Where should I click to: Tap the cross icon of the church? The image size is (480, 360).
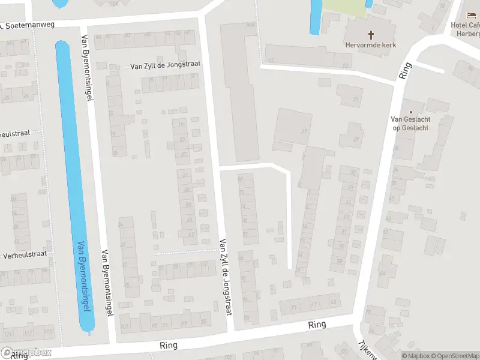pos(371,35)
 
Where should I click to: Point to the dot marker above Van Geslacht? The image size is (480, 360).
pos(411,112)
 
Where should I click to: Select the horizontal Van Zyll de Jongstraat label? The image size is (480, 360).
pos(165,65)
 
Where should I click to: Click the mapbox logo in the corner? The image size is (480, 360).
pos(26,352)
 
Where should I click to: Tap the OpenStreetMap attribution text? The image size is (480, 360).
pos(454,356)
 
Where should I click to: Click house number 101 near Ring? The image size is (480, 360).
pos(125,326)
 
